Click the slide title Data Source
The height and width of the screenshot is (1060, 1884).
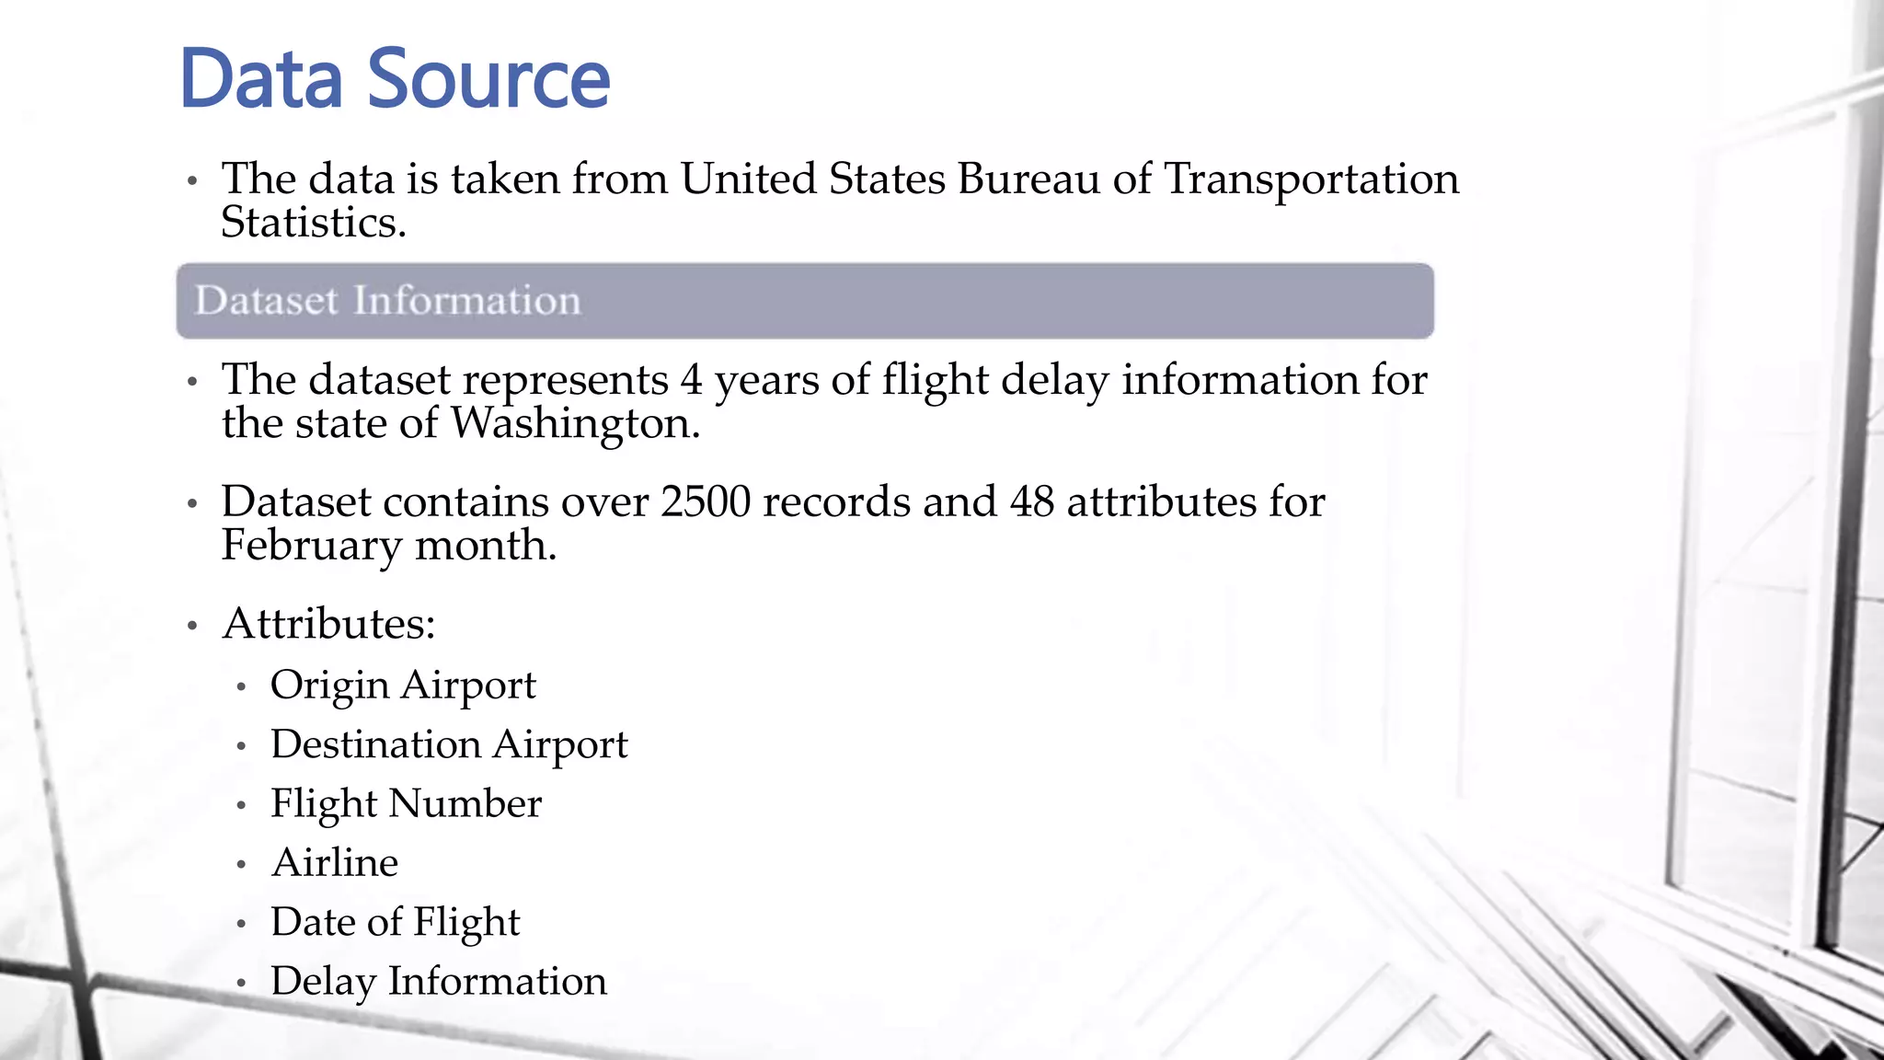(x=396, y=79)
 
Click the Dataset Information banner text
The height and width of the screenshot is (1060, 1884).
(x=387, y=301)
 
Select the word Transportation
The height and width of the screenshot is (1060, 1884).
(x=1312, y=179)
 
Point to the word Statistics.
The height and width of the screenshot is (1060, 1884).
(x=313, y=223)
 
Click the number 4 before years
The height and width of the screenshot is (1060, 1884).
(x=691, y=380)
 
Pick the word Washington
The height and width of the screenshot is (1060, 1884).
(x=574, y=424)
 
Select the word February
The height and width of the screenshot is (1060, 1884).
(x=311, y=546)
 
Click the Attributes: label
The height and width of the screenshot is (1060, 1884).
(x=328, y=624)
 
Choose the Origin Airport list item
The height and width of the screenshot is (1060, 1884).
(x=403, y=686)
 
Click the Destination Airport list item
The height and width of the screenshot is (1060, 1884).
(x=449, y=744)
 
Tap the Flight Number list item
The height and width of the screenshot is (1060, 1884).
(x=406, y=803)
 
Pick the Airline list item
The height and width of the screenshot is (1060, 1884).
(x=335, y=863)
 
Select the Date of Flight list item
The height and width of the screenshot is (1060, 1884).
(x=396, y=922)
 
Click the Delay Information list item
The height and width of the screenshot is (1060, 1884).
(x=439, y=981)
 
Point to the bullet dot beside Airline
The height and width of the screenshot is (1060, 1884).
(x=241, y=865)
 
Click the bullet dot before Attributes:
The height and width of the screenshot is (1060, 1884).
(x=192, y=627)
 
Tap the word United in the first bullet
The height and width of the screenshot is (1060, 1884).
(x=748, y=179)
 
